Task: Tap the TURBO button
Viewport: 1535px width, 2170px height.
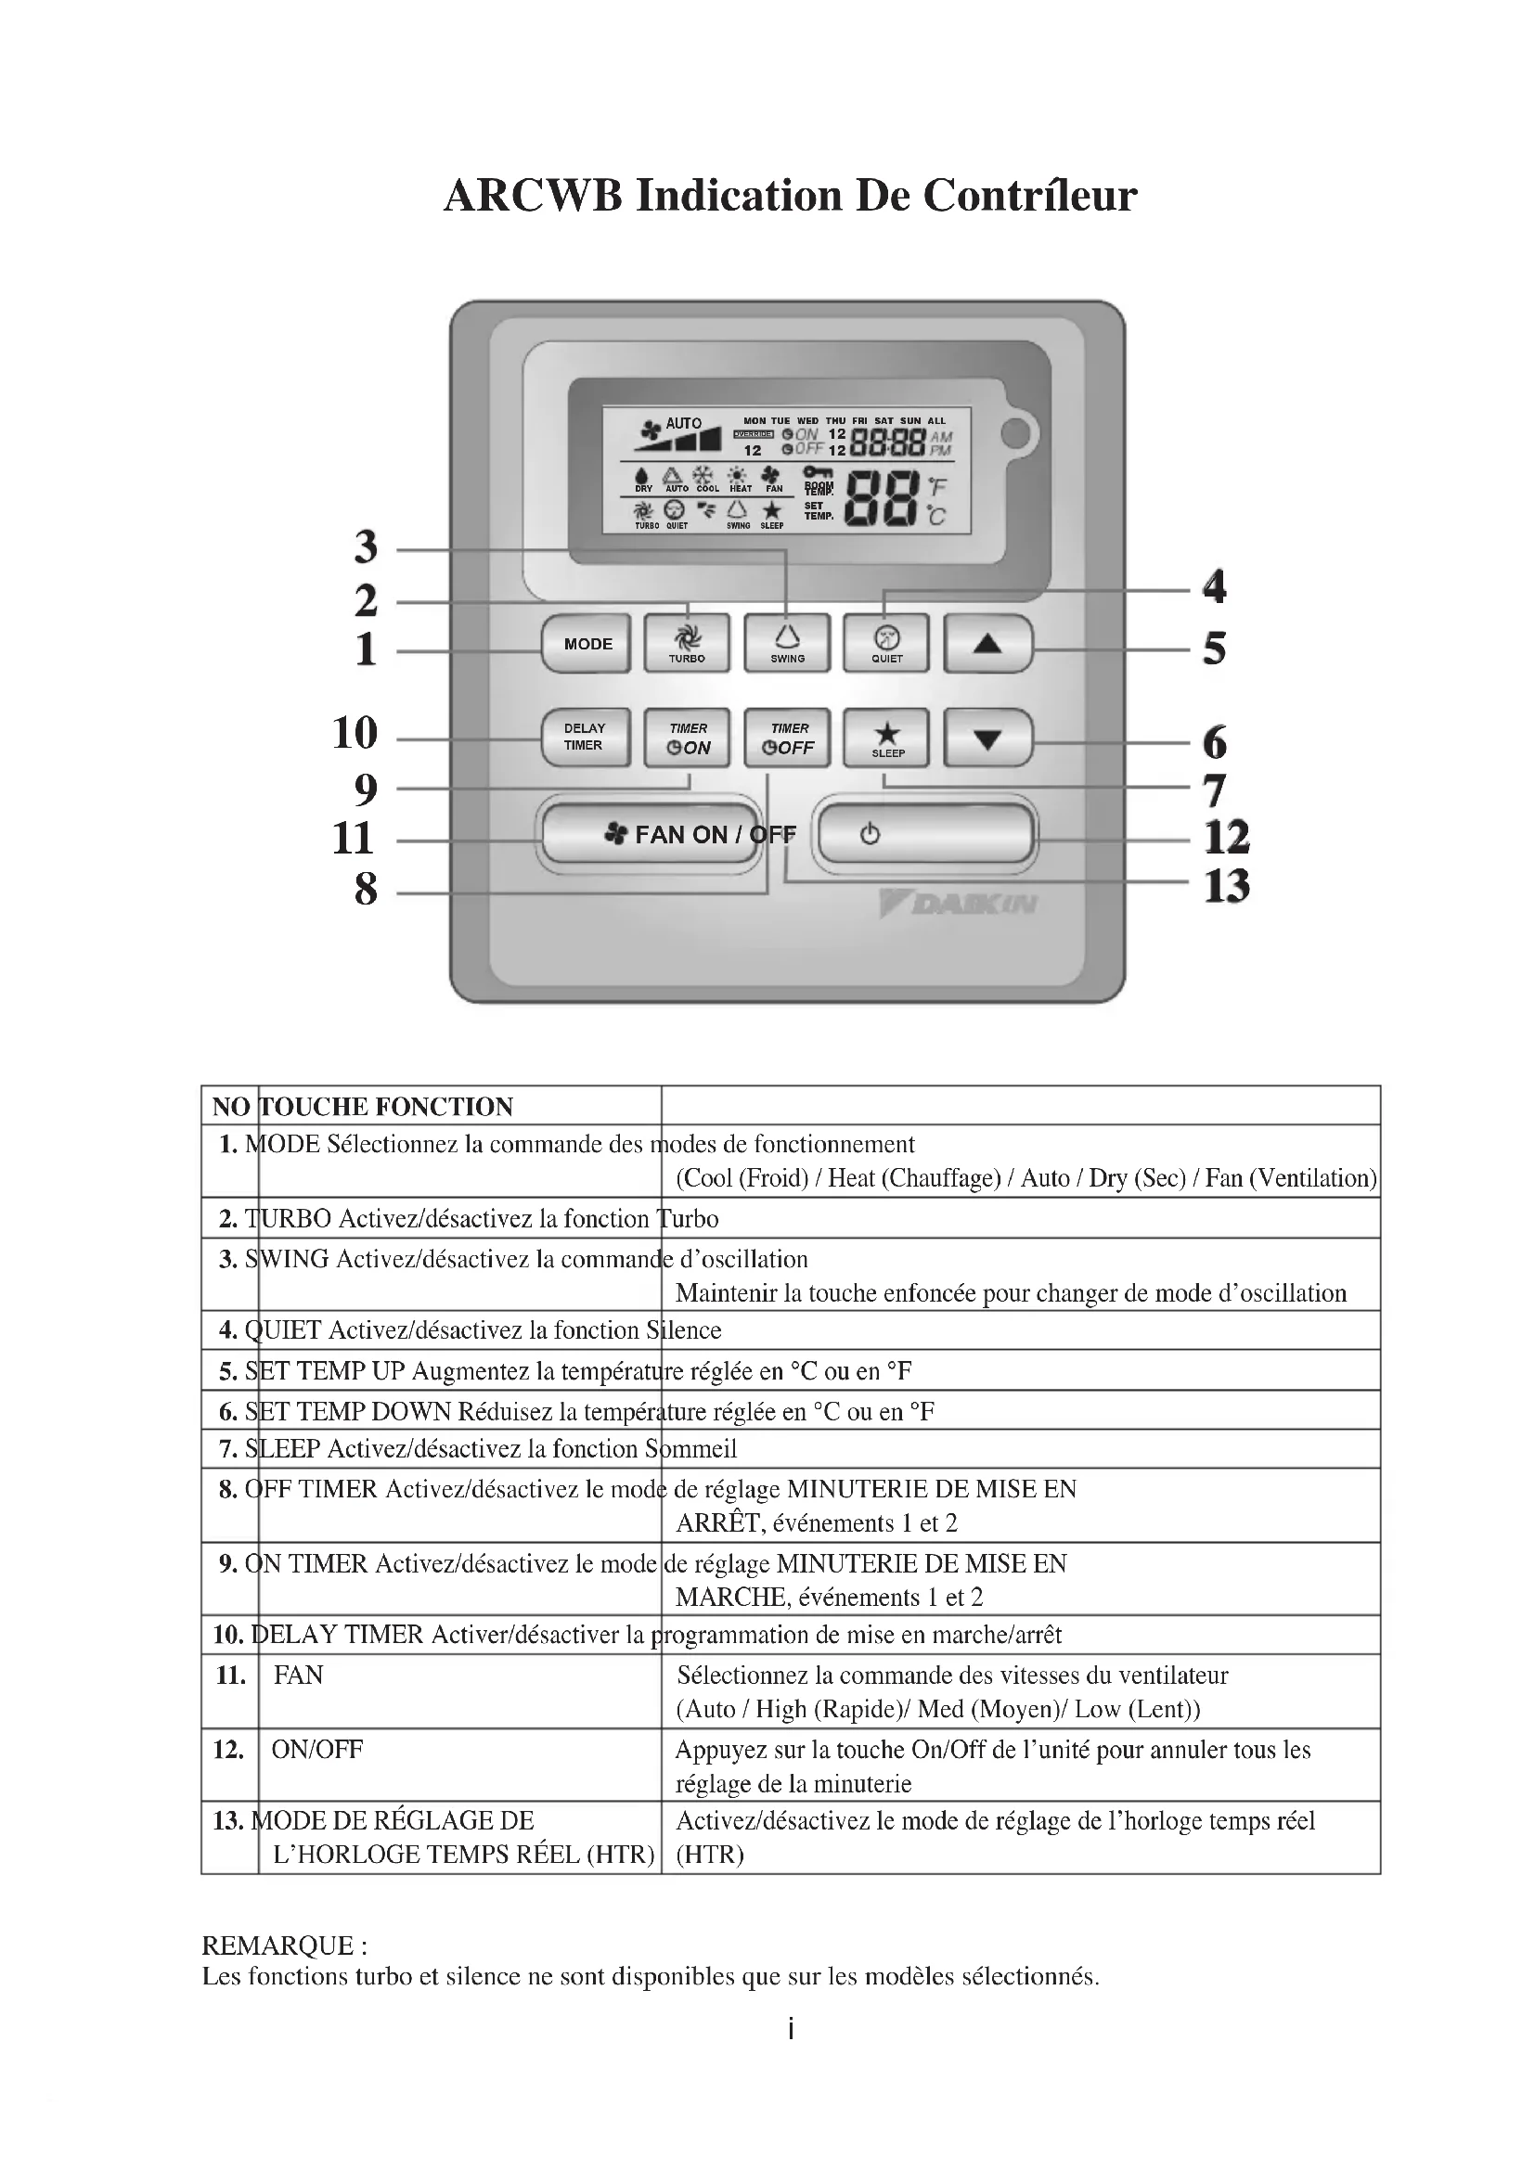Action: coord(687,643)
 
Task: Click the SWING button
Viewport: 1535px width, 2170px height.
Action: coord(787,643)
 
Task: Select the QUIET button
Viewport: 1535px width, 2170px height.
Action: coord(886,643)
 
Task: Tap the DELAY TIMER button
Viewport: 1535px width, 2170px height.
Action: coord(585,738)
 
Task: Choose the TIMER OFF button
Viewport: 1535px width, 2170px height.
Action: coord(788,738)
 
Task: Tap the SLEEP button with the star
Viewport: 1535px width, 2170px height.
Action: coord(886,738)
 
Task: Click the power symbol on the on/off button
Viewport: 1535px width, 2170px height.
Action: coord(870,834)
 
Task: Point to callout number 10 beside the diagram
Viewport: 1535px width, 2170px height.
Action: coord(355,733)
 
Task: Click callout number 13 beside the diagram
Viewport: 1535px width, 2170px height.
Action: coord(1226,887)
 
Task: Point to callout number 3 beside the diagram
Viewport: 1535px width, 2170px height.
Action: coord(366,546)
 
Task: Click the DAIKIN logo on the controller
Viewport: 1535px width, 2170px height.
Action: coord(960,905)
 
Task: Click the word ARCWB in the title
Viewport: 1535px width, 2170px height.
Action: coord(533,196)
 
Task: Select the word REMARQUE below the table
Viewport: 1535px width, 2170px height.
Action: coord(277,1945)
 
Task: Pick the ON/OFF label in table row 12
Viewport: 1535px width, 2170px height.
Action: coord(316,1750)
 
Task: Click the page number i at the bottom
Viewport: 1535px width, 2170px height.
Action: coord(790,2028)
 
